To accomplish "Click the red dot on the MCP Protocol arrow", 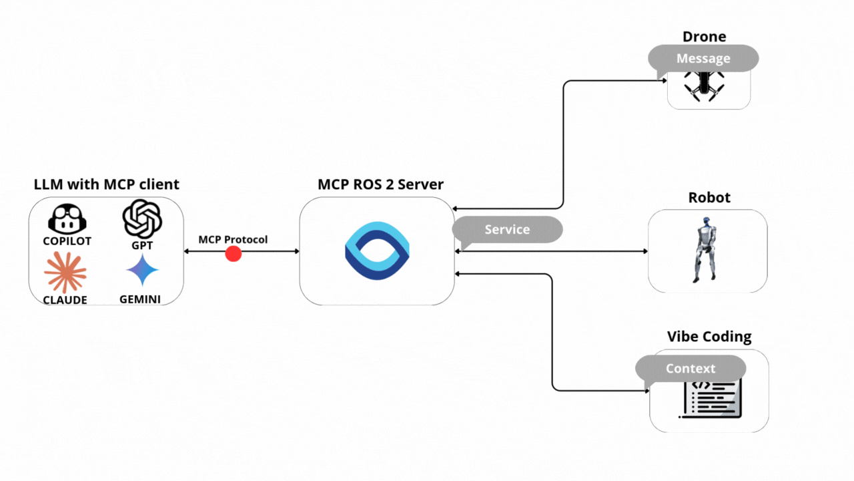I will click(x=233, y=254).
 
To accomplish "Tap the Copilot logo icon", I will click(x=67, y=219).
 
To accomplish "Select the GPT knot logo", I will click(x=142, y=219).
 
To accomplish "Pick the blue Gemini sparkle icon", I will click(x=142, y=271).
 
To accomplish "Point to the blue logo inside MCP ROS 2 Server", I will click(x=377, y=251).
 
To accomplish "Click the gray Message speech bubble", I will click(x=704, y=59).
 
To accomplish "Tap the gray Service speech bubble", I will click(x=508, y=230).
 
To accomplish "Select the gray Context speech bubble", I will click(x=691, y=369).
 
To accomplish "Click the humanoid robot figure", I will click(x=705, y=249).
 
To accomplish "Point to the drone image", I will click(x=702, y=85).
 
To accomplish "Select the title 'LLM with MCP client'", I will click(x=107, y=184).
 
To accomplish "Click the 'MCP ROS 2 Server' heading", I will click(x=380, y=184).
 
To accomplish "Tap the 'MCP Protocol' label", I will click(x=233, y=239).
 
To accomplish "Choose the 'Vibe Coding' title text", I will click(x=709, y=337).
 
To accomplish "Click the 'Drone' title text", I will click(x=704, y=37).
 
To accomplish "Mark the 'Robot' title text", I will click(x=709, y=198).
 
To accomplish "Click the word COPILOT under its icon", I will click(x=67, y=241).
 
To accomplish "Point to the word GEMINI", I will click(x=140, y=299).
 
